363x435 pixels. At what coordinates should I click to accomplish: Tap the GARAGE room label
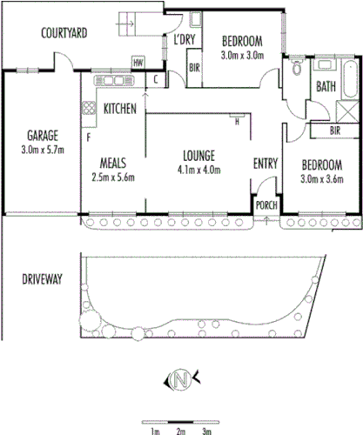[42, 137]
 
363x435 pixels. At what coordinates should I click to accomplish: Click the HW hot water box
[138, 62]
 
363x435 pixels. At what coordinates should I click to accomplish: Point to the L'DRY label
[184, 40]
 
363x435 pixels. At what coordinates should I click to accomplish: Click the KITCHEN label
[119, 110]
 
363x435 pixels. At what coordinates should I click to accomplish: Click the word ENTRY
[265, 164]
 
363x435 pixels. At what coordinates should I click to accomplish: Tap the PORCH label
[264, 205]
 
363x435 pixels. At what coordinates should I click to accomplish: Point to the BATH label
[326, 87]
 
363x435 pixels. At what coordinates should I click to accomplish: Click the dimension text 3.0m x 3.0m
[242, 55]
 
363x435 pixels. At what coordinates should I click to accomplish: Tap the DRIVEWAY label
[41, 279]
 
